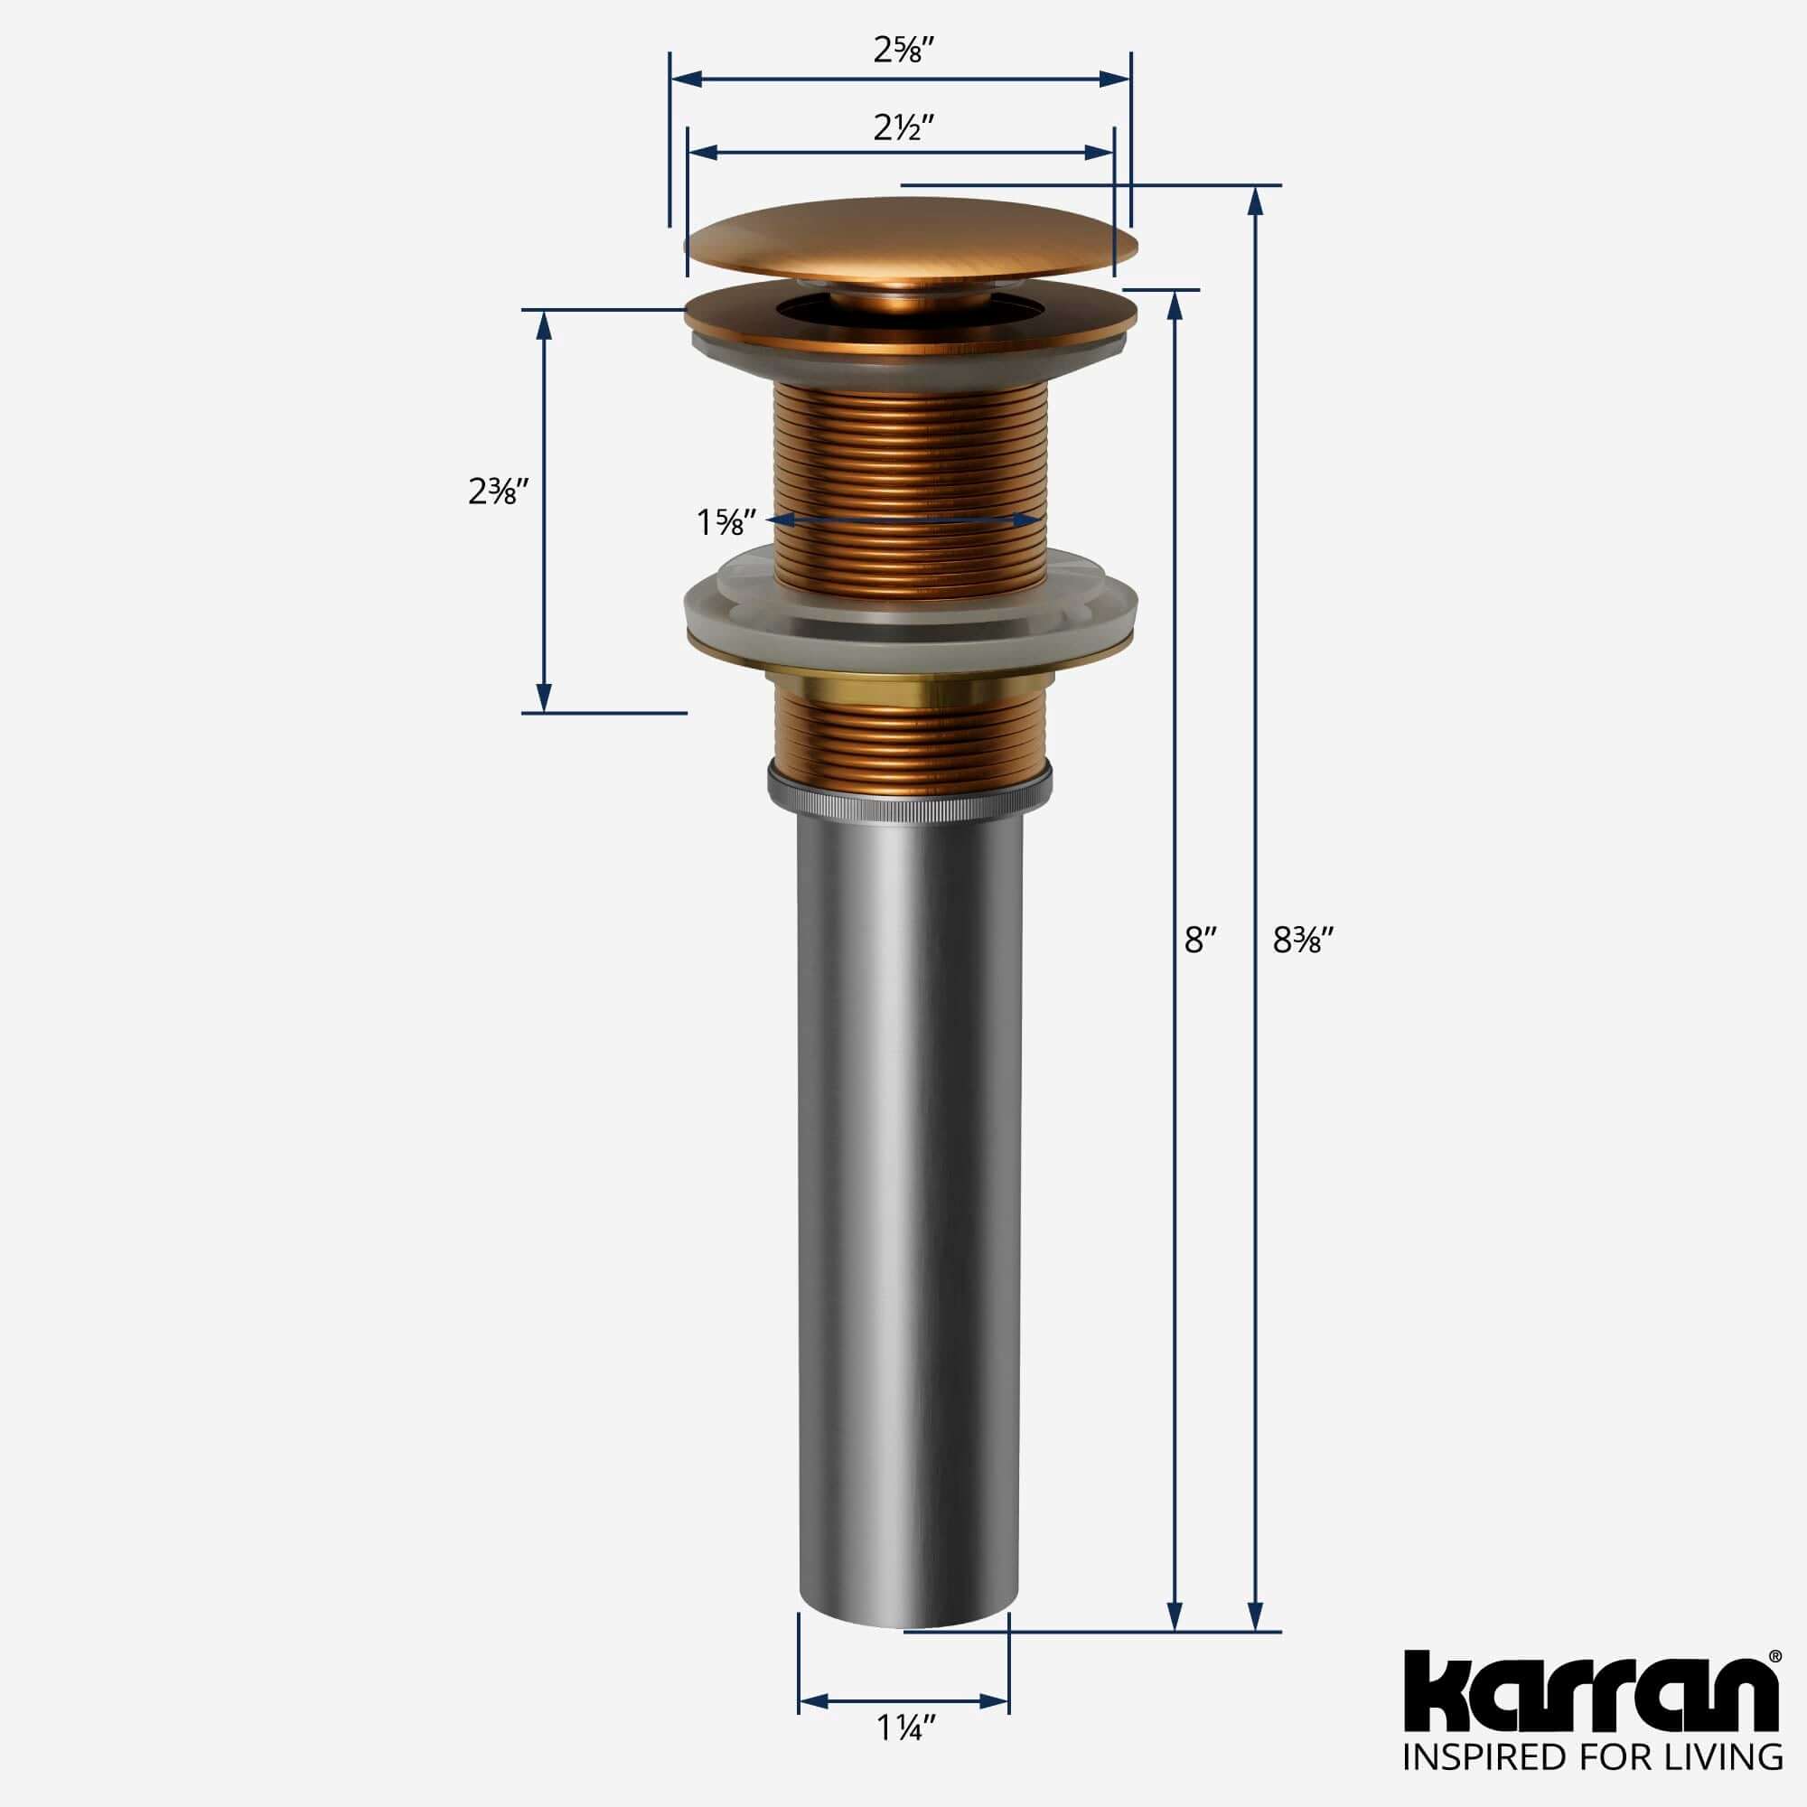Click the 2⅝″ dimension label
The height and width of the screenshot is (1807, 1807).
899,50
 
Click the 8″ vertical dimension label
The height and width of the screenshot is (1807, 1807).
1200,939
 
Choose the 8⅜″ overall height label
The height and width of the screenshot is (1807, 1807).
1302,939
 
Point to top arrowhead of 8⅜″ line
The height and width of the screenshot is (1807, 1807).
1256,201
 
